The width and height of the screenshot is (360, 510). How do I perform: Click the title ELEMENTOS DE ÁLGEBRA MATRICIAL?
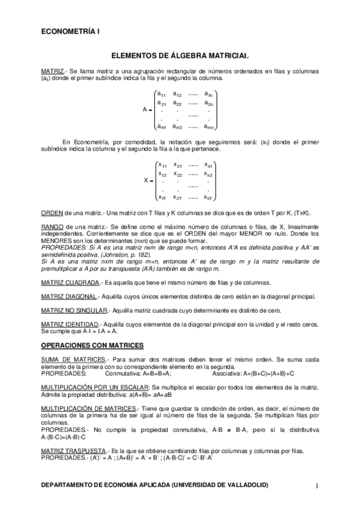(180, 55)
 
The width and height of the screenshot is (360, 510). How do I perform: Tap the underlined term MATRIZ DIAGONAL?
(69, 296)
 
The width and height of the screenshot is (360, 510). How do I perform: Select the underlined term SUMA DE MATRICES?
(72, 359)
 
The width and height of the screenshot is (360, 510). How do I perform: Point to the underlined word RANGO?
(52, 227)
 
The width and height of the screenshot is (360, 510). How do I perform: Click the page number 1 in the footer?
(316, 485)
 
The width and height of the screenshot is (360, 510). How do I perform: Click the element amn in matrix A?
(209, 126)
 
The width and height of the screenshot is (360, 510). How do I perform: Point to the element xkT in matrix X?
(209, 197)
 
